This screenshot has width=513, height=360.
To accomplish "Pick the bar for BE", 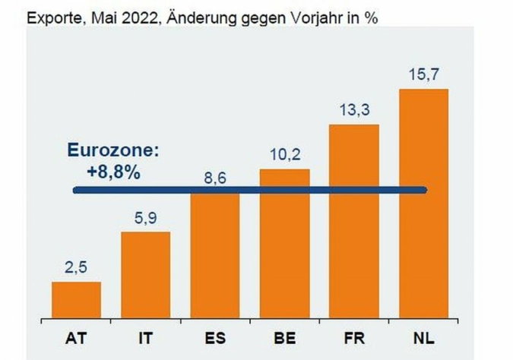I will (x=284, y=243).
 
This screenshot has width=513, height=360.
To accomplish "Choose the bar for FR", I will (x=354, y=220).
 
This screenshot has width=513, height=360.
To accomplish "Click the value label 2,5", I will (x=76, y=267).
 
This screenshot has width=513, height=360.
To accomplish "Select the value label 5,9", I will (x=145, y=218).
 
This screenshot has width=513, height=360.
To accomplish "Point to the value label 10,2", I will (x=284, y=154).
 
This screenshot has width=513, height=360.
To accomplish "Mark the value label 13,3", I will (x=354, y=109).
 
